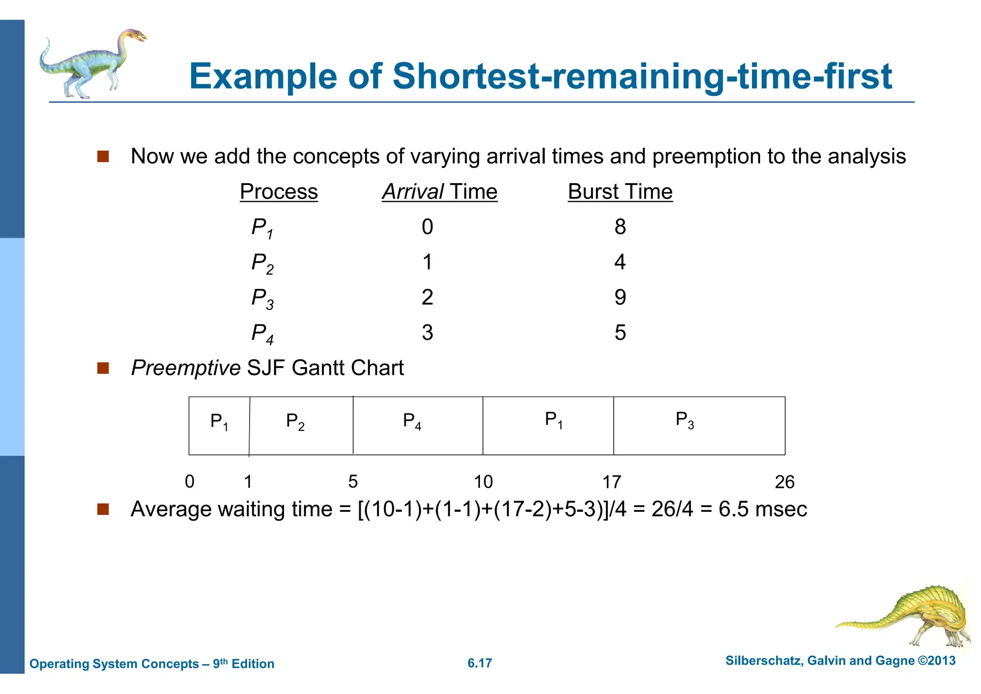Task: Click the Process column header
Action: (279, 192)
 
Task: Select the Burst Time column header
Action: (620, 192)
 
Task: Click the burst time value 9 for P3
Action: (620, 298)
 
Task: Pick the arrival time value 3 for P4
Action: (427, 333)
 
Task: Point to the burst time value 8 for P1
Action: (620, 227)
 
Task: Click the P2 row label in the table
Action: (262, 263)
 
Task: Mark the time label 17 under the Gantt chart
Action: (612, 482)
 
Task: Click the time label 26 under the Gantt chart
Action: (784, 482)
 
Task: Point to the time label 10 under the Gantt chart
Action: (483, 482)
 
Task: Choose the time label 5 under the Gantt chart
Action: (353, 482)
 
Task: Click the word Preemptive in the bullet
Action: (186, 368)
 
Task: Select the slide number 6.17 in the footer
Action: (479, 663)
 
